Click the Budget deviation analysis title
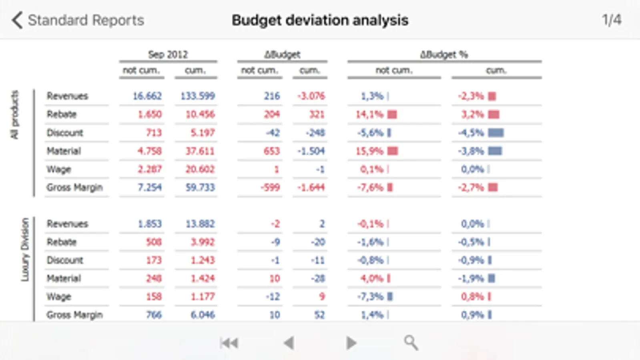(320, 20)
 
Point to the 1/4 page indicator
(612, 20)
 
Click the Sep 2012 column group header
(168, 54)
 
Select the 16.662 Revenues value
(147, 96)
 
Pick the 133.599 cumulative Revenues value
(198, 96)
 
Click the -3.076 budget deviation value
(311, 96)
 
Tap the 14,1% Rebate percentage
(369, 114)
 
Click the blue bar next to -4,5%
(496, 133)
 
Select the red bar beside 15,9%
(393, 151)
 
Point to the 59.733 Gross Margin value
(200, 188)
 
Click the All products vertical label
(15, 114)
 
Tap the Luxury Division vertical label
(25, 249)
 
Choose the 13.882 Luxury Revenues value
(200, 224)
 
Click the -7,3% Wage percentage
(370, 297)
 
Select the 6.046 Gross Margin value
(203, 315)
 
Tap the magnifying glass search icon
(411, 343)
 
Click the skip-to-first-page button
(229, 343)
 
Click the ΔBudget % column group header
(444, 54)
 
